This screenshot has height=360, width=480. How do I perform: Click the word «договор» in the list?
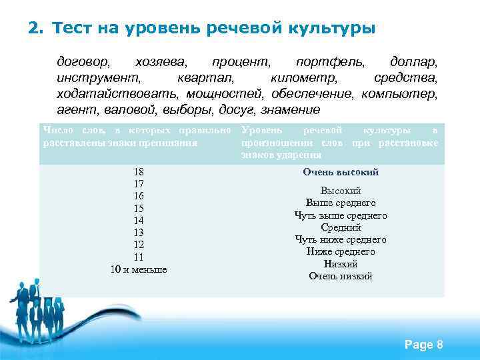[84, 63]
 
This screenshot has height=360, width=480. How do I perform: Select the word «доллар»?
[413, 63]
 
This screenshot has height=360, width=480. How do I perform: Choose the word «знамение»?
[291, 109]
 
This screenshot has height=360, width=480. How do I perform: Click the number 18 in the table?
[139, 172]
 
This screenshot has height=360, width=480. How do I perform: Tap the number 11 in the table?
[139, 257]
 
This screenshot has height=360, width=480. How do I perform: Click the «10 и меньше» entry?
[139, 269]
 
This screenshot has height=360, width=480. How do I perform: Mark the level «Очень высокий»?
[341, 172]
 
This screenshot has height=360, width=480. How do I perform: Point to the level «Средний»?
[341, 227]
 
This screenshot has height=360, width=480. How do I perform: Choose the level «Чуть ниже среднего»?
[341, 239]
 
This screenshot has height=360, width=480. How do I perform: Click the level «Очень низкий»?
[341, 276]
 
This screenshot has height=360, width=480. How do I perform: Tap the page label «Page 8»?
[423, 345]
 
